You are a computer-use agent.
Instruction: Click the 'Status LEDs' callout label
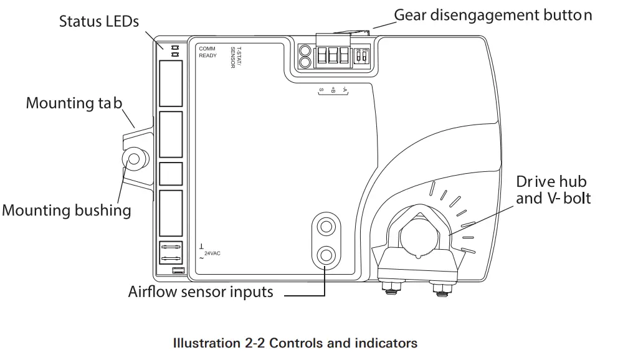[99, 21]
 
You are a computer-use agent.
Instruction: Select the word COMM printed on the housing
[207, 48]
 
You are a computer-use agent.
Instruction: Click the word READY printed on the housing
[208, 55]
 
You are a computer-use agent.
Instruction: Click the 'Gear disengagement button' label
[493, 15]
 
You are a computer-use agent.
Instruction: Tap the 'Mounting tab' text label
[74, 103]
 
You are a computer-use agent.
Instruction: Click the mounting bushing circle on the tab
[133, 159]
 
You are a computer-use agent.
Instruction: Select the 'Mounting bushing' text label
[67, 210]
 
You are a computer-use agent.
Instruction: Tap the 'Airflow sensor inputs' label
[201, 291]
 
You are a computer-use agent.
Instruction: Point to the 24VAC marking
[212, 253]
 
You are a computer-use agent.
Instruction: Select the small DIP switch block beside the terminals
[361, 56]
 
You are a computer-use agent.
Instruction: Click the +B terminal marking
[333, 90]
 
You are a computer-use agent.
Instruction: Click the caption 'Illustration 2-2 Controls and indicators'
[295, 343]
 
